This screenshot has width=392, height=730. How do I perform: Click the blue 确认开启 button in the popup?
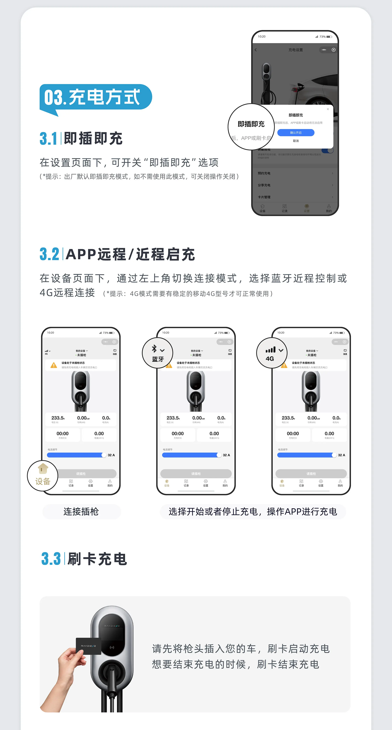click(296, 133)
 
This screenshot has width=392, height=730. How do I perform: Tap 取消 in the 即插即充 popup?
click(296, 141)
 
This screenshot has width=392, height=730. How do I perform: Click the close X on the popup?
click(328, 109)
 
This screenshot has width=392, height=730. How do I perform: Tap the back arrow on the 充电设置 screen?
click(256, 50)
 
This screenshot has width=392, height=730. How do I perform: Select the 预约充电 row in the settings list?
click(295, 173)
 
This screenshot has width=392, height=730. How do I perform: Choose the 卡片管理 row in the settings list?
click(295, 197)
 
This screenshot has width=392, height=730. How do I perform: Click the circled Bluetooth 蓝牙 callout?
click(157, 353)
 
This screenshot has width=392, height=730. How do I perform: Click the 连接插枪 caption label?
click(81, 512)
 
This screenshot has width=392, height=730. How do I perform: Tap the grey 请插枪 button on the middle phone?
click(196, 474)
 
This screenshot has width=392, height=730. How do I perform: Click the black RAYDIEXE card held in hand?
click(88, 646)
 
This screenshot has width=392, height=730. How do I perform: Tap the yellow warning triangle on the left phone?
click(53, 365)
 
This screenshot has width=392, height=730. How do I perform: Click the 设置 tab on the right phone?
click(321, 483)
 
